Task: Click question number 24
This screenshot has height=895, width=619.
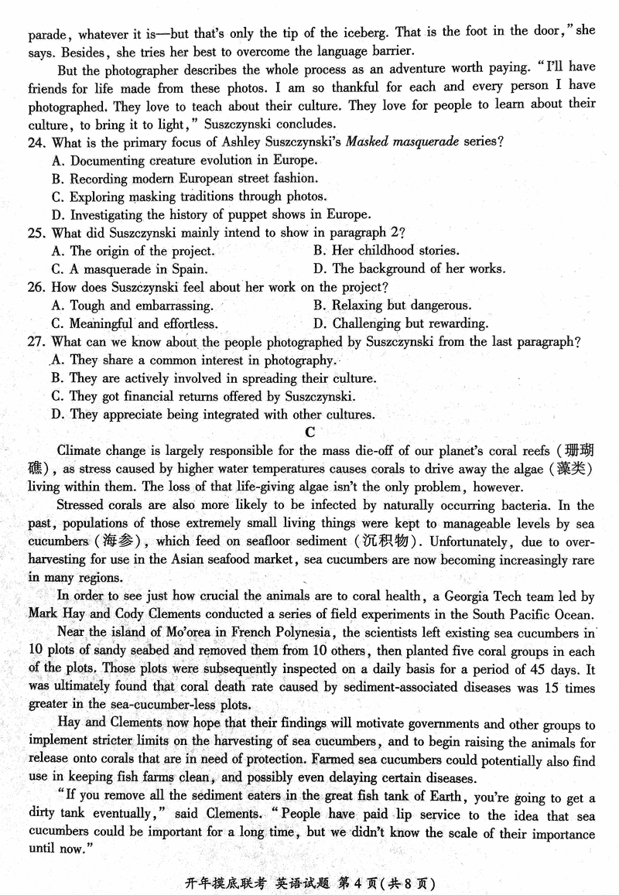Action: click(38, 142)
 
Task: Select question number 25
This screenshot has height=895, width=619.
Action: click(38, 232)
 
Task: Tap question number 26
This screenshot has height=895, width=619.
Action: click(38, 288)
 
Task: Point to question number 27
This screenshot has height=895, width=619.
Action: click(38, 342)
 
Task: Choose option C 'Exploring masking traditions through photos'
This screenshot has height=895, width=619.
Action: click(190, 197)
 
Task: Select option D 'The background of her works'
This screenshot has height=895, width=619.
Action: click(409, 269)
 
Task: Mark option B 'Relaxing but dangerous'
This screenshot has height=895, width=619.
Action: click(392, 306)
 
